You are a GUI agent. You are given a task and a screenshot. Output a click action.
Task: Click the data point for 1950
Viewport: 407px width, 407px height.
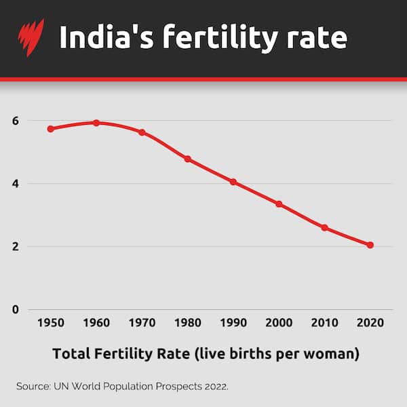point(50,129)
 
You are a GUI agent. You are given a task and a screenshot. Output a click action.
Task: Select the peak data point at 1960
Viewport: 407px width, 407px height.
point(96,123)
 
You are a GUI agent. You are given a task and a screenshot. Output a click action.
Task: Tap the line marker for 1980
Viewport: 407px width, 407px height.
point(188,159)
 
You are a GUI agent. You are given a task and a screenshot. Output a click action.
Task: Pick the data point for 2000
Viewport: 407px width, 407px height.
point(279,204)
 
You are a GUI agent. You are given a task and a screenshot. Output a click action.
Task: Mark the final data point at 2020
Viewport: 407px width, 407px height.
point(370,245)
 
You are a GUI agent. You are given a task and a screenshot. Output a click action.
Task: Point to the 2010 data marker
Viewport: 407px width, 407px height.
point(324,228)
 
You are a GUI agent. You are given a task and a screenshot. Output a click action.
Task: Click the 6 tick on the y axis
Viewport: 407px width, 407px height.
point(15,121)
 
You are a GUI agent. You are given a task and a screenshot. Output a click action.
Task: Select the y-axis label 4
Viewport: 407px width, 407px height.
point(15,184)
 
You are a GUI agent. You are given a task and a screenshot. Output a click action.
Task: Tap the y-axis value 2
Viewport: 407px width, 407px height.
point(15,247)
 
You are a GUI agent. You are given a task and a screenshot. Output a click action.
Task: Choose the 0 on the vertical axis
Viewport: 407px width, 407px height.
point(15,310)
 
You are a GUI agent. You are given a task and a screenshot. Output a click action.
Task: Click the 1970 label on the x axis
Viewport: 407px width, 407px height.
point(142,323)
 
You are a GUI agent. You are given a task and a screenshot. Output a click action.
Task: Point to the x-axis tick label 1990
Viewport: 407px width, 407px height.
point(233,323)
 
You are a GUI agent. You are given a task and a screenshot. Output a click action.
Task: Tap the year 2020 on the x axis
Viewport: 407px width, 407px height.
point(370,323)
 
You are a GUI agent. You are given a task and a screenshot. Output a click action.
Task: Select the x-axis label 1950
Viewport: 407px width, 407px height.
point(50,323)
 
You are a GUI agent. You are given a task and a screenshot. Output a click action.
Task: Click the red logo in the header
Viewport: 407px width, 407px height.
point(31,37)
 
